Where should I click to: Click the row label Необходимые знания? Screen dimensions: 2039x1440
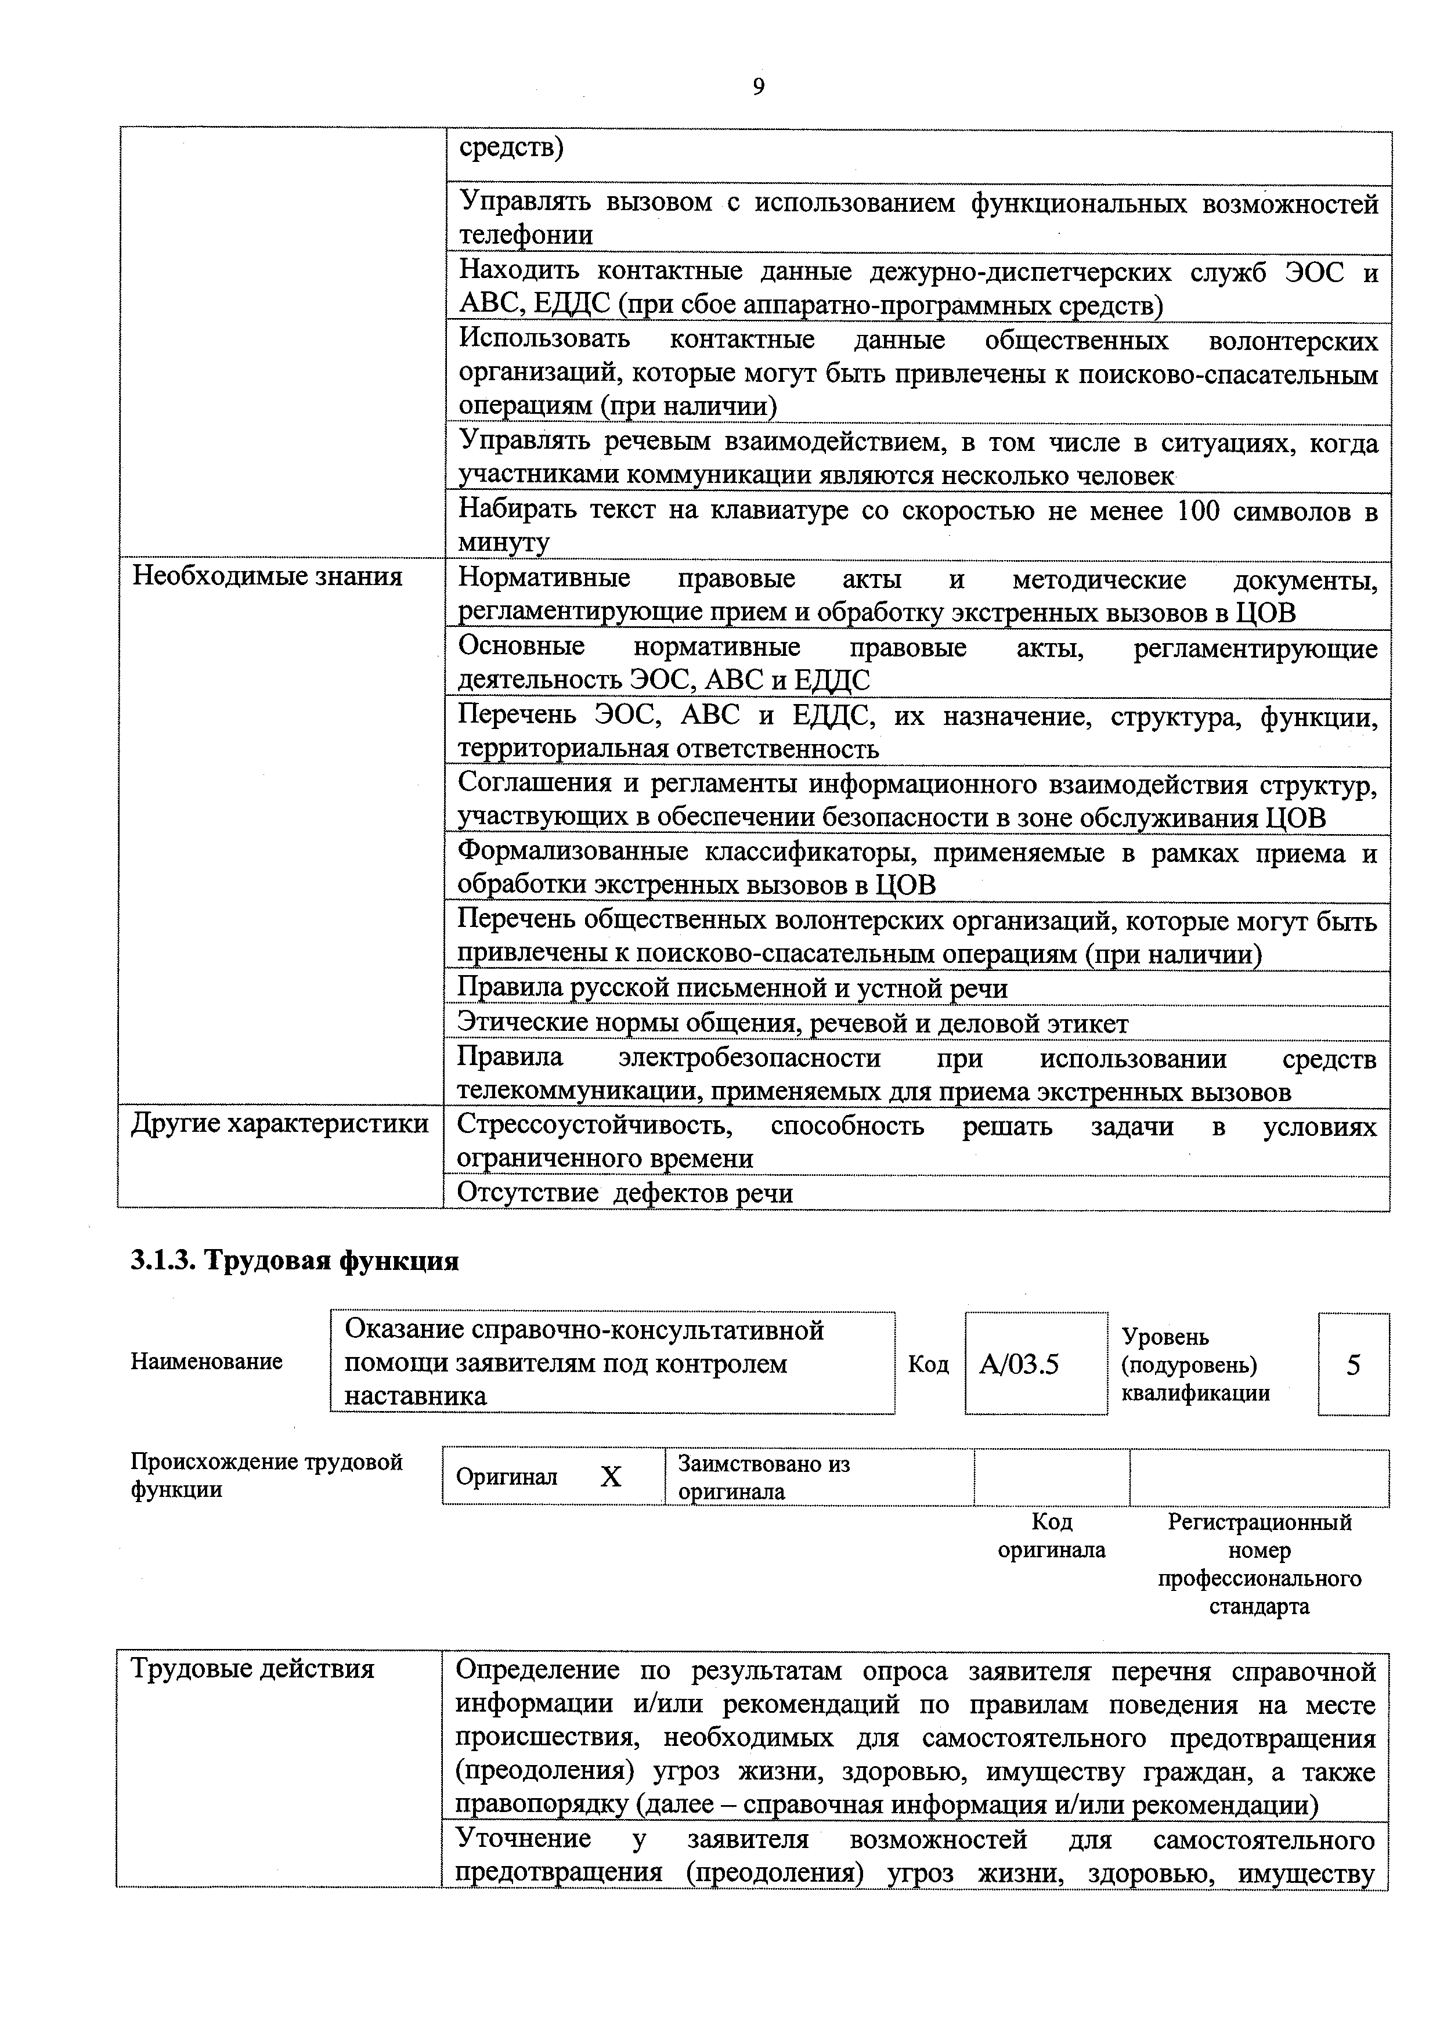point(267,578)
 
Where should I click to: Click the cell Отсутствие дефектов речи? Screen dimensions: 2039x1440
point(625,1193)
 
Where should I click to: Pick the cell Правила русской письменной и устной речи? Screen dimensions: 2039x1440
point(732,988)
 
